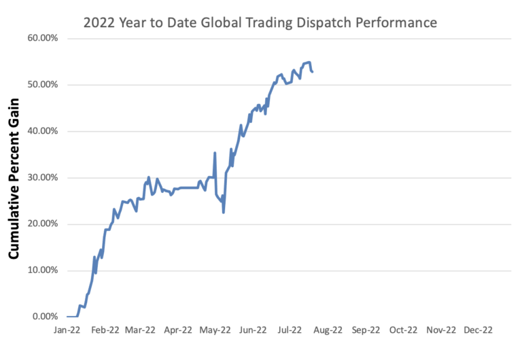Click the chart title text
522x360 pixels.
coord(260,23)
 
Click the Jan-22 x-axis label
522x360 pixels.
coord(67,331)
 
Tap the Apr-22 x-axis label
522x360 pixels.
coord(179,331)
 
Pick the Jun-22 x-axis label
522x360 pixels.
coord(254,331)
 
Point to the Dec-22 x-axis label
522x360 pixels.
coord(478,331)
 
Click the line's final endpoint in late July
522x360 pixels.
coord(312,72)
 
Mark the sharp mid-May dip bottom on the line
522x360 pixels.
coord(224,212)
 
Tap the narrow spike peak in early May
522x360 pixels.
coord(215,153)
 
